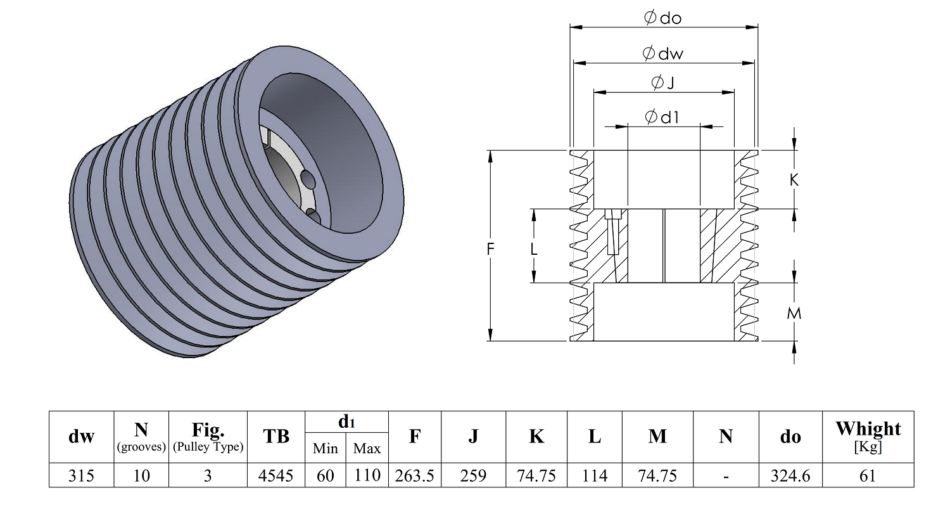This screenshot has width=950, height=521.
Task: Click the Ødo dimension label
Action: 662,17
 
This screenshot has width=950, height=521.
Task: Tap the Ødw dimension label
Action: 662,53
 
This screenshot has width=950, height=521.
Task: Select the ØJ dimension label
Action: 662,82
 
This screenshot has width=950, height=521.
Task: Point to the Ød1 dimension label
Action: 662,117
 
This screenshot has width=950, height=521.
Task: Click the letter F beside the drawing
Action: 490,249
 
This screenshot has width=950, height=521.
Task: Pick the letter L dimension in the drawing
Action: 534,249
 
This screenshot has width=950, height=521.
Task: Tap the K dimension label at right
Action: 794,180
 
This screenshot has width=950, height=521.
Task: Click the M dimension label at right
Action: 794,314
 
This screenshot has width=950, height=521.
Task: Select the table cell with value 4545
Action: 275,475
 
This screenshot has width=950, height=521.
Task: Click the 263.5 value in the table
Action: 414,475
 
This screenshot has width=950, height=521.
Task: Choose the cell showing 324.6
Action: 790,475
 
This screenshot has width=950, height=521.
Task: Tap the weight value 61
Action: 868,475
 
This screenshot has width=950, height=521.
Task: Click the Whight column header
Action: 868,429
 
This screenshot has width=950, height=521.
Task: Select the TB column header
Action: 275,436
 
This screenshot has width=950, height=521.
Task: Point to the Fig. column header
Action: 208,430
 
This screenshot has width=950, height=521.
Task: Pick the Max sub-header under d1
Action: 367,449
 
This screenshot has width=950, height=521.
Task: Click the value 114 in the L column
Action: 594,475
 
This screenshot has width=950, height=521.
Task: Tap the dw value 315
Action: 81,475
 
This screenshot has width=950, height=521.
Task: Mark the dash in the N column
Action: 726,477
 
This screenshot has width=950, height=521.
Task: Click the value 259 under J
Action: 473,475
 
